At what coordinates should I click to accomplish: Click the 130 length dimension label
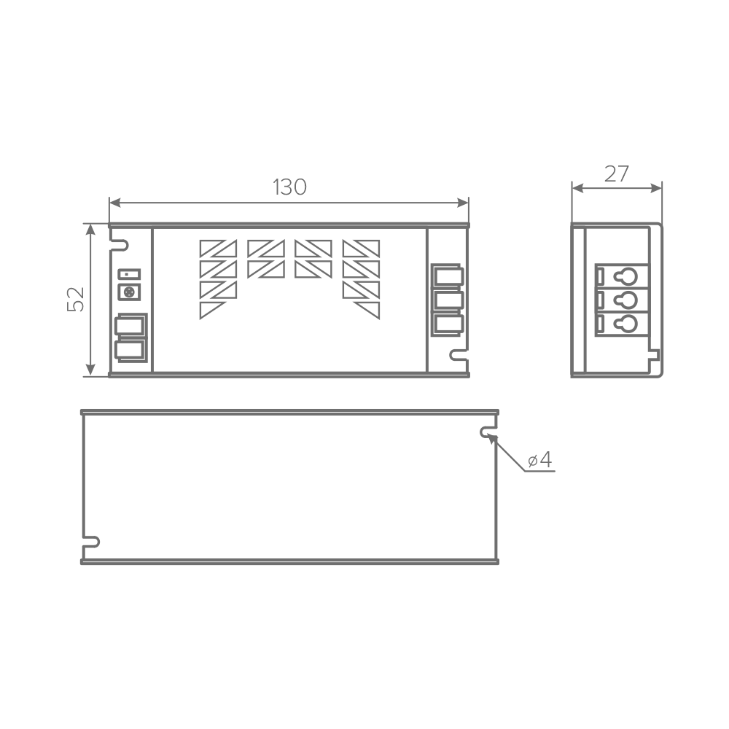(289, 187)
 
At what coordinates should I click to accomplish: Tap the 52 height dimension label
(76, 299)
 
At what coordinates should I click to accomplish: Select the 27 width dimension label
(617, 174)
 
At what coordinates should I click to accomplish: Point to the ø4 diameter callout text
(539, 460)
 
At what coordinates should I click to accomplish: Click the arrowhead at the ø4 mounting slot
(492, 438)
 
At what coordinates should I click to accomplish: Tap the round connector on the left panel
(129, 292)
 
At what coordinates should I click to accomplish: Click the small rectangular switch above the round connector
(129, 274)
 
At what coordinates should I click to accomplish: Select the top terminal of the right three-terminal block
(448, 276)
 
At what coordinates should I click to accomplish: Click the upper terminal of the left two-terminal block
(130, 325)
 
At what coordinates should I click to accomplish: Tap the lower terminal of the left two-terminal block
(130, 351)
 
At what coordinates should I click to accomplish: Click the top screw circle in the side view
(626, 276)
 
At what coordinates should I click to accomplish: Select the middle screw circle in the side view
(626, 300)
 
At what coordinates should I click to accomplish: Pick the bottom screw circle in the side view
(626, 324)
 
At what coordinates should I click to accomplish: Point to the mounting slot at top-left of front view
(119, 245)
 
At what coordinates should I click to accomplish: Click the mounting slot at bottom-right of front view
(459, 355)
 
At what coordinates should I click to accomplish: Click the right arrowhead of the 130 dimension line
(463, 203)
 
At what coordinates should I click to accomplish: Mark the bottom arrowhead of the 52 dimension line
(90, 370)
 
